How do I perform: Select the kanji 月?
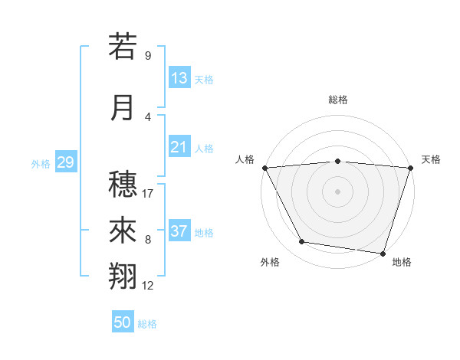(123, 107)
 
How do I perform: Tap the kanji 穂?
(123, 184)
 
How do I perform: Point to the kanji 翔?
(123, 277)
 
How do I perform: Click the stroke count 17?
(148, 194)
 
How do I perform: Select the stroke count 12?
(148, 286)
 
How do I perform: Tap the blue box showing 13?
(179, 78)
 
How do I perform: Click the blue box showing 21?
(179, 147)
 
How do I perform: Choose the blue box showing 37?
(179, 231)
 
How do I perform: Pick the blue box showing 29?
(65, 162)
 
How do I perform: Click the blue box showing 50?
(123, 322)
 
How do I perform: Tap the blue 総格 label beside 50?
(147, 324)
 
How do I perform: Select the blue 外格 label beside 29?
(41, 164)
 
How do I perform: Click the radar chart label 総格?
(338, 100)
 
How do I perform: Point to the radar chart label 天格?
(432, 159)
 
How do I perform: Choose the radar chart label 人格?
(245, 159)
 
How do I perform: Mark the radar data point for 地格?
(383, 253)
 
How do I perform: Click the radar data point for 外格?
(302, 242)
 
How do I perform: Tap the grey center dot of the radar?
(338, 191)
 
